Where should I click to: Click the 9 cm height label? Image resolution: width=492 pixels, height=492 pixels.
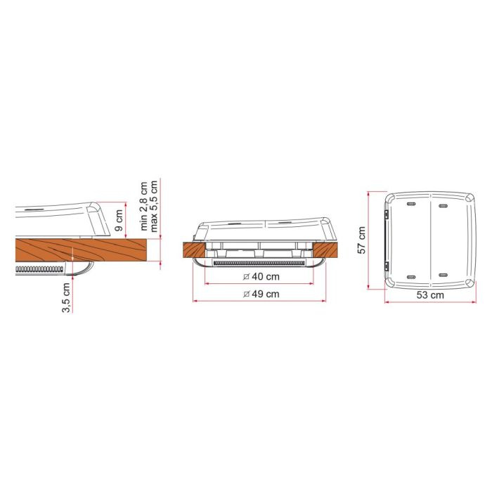click(119, 220)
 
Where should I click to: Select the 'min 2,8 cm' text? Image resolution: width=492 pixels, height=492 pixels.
click(143, 206)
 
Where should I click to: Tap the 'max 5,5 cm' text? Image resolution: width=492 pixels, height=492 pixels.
click(154, 206)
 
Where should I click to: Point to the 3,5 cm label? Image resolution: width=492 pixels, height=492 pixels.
click(66, 297)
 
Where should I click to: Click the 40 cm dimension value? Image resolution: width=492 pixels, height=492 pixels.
click(266, 277)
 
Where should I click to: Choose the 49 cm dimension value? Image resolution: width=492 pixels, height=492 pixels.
click(266, 294)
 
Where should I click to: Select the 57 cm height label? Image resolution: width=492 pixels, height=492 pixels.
click(362, 240)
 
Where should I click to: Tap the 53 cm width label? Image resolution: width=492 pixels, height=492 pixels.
click(430, 295)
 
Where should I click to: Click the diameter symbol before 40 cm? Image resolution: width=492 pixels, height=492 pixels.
click(246, 277)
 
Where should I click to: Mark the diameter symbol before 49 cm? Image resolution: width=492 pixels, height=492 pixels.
click(246, 294)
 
